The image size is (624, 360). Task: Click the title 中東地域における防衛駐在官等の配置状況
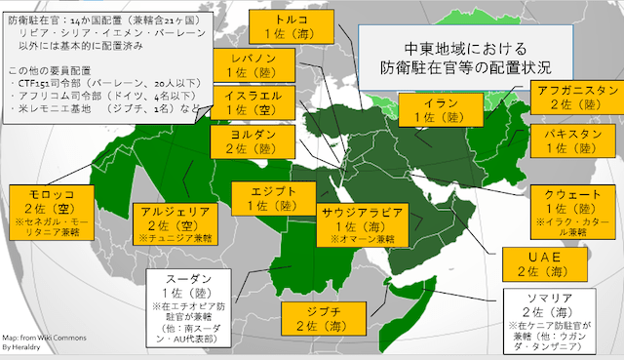(x=465, y=57)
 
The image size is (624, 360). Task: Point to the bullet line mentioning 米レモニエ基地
(x=106, y=112)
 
